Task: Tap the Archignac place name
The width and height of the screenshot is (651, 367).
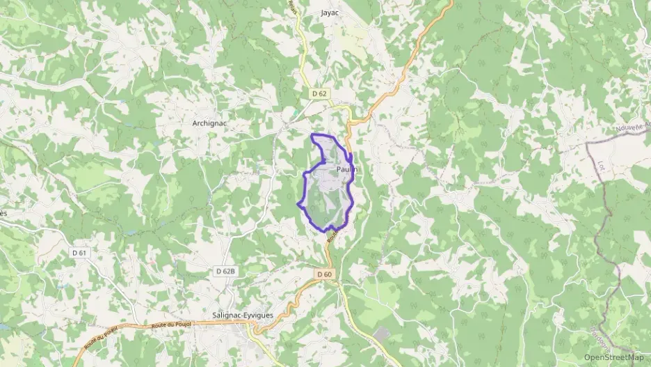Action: coord(210,123)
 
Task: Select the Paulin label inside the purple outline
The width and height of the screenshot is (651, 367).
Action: coord(346,169)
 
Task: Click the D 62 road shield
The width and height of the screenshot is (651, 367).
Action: coord(319,93)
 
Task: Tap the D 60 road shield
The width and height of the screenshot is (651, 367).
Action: coord(325,274)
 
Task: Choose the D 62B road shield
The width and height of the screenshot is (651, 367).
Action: coord(225,270)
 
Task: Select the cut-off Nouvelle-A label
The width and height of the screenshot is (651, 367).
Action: coord(632,128)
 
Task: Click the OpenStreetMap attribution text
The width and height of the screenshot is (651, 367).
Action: coord(613,357)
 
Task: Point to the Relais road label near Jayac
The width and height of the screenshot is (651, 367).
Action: coord(294,8)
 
